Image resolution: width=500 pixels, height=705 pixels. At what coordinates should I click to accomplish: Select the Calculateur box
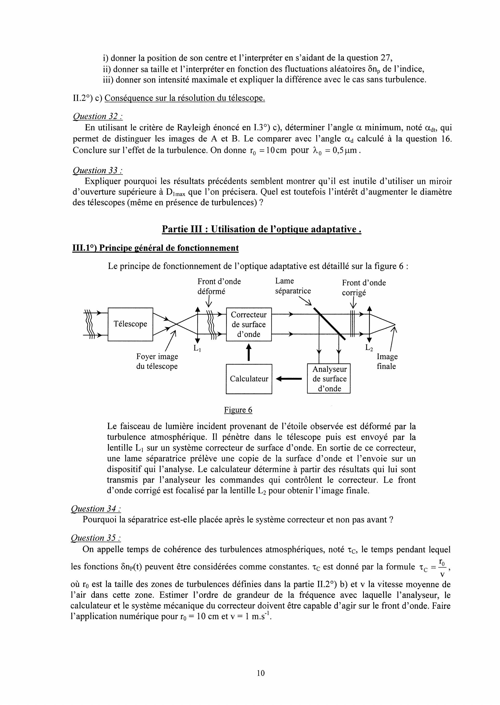tap(249, 379)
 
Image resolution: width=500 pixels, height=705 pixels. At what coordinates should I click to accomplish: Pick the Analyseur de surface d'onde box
tap(329, 379)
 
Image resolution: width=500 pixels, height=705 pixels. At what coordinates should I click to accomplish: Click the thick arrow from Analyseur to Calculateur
tap(289, 379)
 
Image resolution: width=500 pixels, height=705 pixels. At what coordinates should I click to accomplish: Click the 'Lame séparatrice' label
tap(293, 286)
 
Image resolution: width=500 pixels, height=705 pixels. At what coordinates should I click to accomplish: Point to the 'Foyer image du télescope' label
tap(157, 361)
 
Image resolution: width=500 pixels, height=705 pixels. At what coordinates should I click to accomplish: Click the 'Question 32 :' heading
tap(97, 116)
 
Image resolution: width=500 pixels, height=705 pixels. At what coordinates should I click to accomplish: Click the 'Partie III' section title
tap(261, 229)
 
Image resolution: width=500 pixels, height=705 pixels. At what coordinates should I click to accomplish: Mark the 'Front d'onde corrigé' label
tap(364, 287)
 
